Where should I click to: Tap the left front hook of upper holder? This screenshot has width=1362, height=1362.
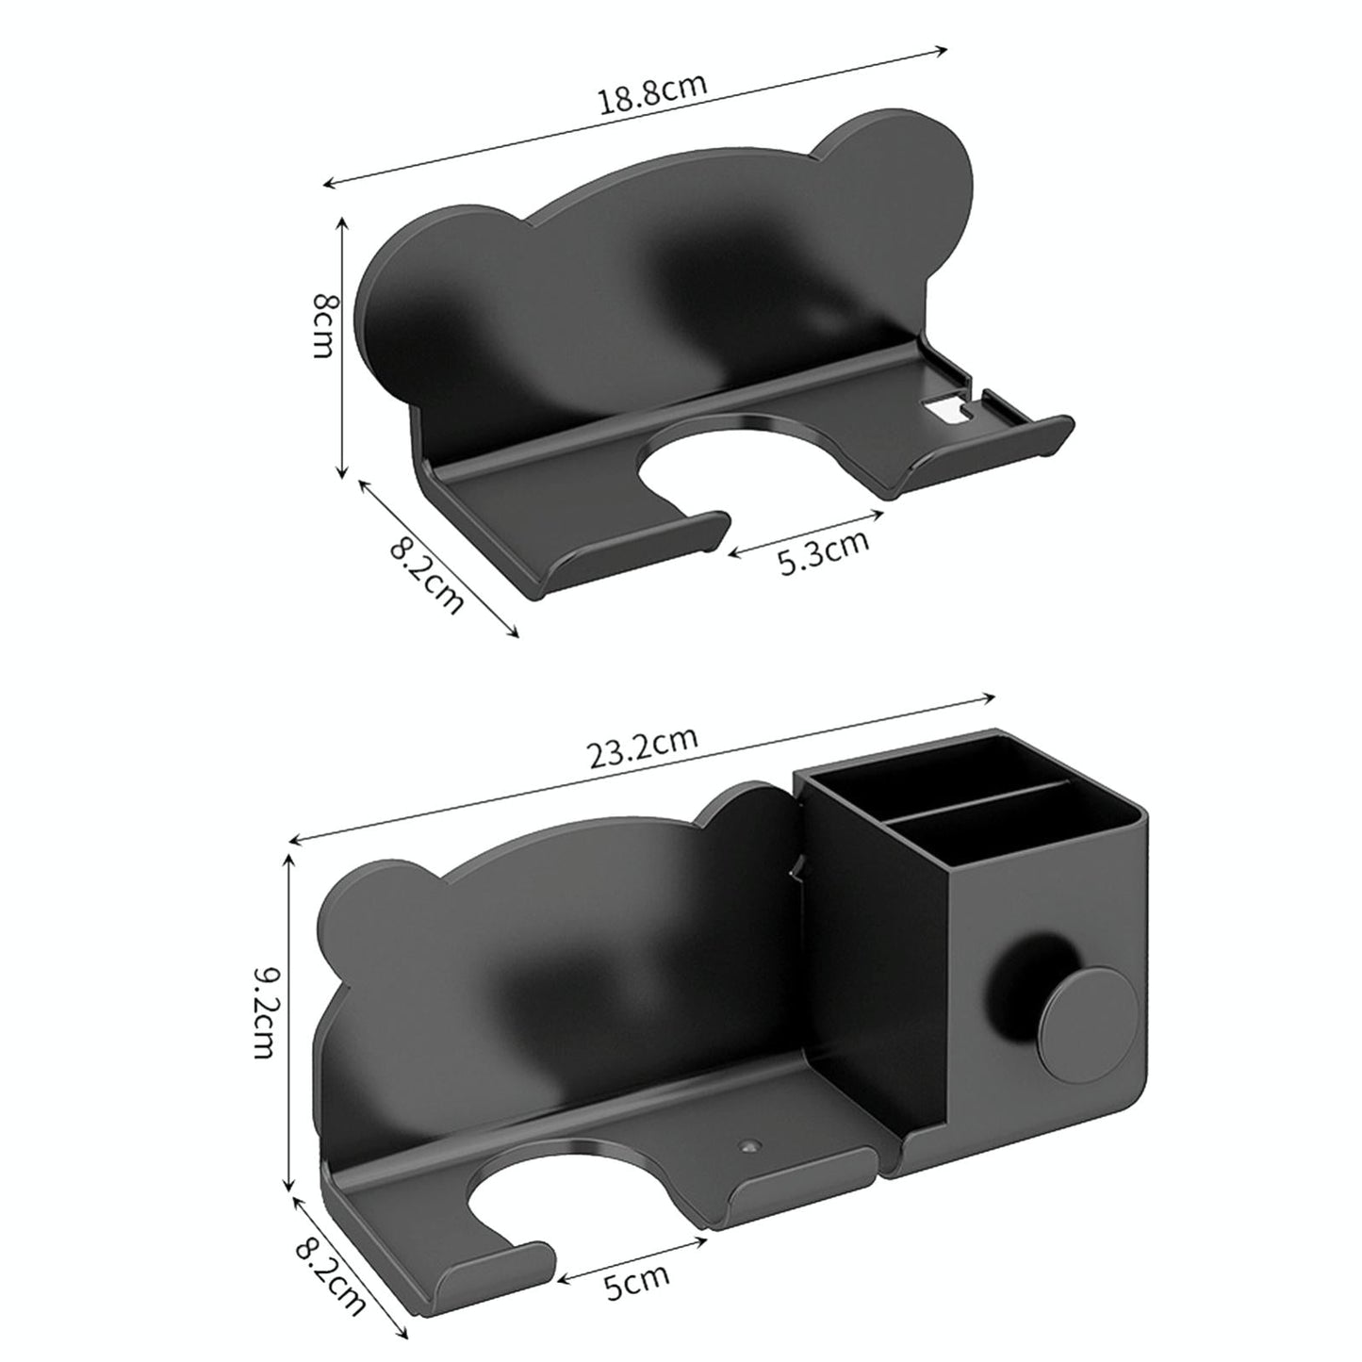(x=622, y=556)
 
